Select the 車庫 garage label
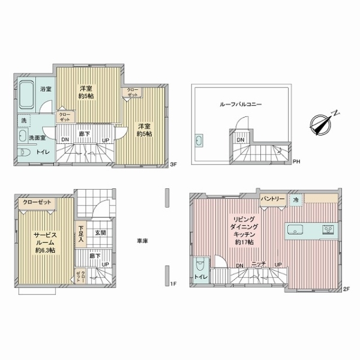(142, 241)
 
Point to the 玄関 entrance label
(100, 233)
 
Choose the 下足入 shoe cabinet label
(81, 233)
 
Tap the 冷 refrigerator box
(296, 199)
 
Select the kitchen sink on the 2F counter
(297, 229)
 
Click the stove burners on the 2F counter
(328, 229)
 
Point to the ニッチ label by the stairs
(258, 264)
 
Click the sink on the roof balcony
(200, 142)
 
